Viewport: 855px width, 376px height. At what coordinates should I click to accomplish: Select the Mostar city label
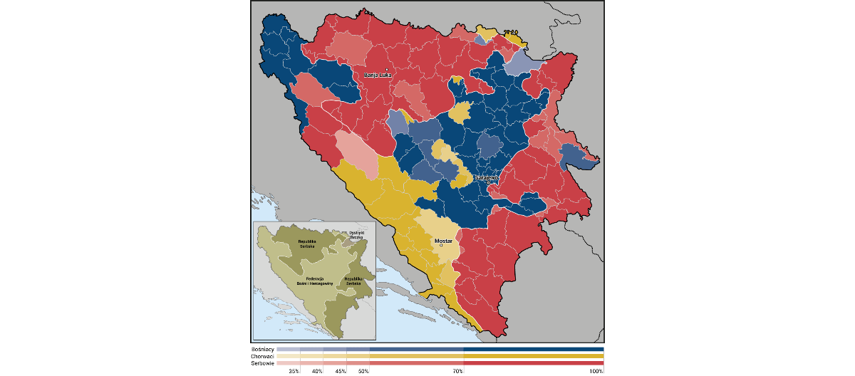click(443, 241)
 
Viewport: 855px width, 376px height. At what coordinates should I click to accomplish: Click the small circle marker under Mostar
click(442, 247)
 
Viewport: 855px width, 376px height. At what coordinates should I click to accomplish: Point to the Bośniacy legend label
click(263, 350)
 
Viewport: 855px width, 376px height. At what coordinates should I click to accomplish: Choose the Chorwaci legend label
click(264, 357)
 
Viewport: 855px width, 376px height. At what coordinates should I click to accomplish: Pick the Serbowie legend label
click(264, 364)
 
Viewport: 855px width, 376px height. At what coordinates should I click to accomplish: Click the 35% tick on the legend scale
click(294, 371)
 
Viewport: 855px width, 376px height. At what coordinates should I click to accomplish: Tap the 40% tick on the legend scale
click(318, 371)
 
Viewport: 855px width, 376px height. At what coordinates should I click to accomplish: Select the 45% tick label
click(341, 371)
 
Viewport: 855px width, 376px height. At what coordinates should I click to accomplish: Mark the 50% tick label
click(363, 371)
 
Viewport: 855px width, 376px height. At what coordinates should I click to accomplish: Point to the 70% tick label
click(457, 371)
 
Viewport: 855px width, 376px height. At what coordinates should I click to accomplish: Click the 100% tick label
click(596, 371)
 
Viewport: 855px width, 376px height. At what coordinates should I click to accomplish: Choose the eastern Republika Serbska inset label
click(354, 281)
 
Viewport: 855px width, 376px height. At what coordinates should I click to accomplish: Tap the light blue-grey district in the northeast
click(523, 65)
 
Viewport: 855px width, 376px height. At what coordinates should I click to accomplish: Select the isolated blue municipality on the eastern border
click(577, 157)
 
